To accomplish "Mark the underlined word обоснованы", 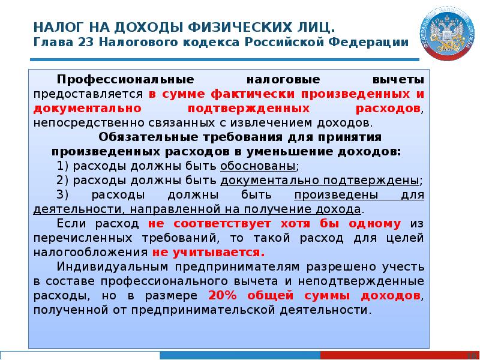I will tap(258, 166).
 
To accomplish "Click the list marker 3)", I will tap(63, 196).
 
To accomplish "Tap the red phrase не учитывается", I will tap(208, 253).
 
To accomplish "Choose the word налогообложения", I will tap(91, 253).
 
